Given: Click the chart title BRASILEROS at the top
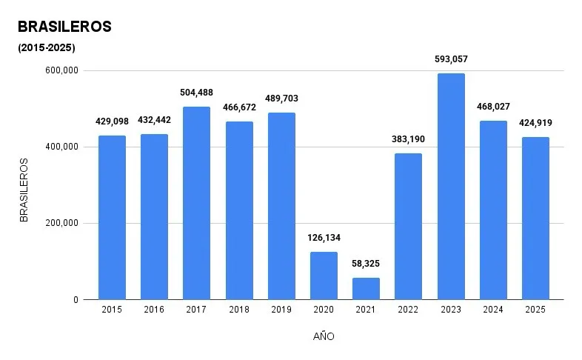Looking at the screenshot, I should click(64, 27).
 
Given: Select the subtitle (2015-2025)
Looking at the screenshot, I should click(46, 48).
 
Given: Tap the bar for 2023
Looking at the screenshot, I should click(451, 187).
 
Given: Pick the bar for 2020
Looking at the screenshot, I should click(324, 276).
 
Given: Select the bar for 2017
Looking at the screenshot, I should click(196, 204).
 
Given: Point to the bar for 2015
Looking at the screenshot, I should click(111, 218).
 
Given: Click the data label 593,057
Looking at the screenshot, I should click(451, 59).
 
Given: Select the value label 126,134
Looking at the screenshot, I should click(324, 238).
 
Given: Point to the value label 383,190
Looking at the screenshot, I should click(409, 139).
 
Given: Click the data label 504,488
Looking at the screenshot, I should click(196, 93).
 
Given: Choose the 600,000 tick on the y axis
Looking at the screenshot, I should click(62, 71).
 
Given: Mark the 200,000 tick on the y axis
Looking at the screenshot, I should click(62, 224).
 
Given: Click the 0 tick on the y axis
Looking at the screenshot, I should click(76, 300).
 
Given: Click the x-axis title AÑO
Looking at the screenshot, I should click(324, 336).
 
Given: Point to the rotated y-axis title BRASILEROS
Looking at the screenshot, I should click(24, 190).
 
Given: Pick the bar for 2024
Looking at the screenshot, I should click(493, 210).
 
